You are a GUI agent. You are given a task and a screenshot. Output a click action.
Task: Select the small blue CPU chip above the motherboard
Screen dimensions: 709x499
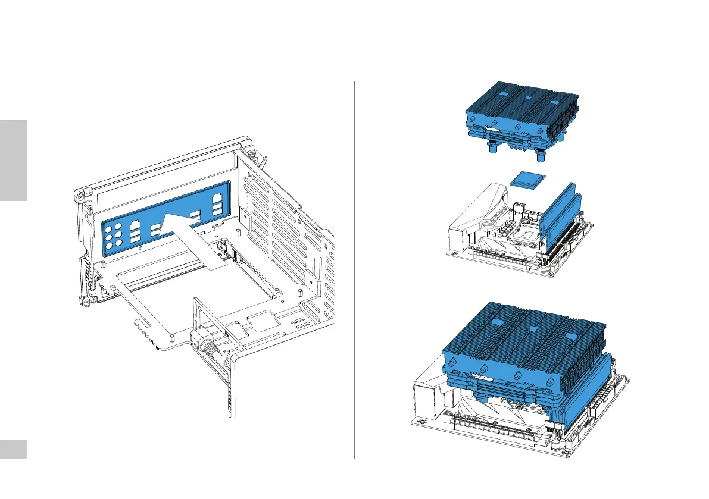(527, 179)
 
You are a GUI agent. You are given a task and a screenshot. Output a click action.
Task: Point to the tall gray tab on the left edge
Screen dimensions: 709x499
(13, 160)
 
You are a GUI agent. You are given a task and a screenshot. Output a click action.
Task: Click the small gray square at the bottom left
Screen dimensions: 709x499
(13, 449)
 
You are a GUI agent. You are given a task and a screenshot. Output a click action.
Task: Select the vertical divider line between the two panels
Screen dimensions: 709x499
(354, 268)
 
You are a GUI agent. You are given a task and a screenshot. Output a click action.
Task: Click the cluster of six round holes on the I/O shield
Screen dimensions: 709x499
(115, 236)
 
